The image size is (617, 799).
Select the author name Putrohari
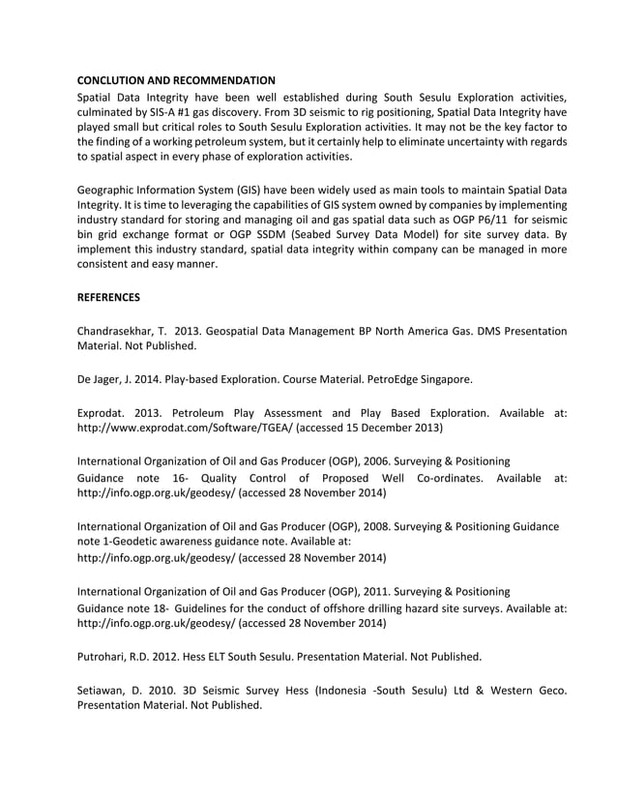pyautogui.click(x=106, y=656)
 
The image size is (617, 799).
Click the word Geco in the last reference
pyautogui.click(x=549, y=690)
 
